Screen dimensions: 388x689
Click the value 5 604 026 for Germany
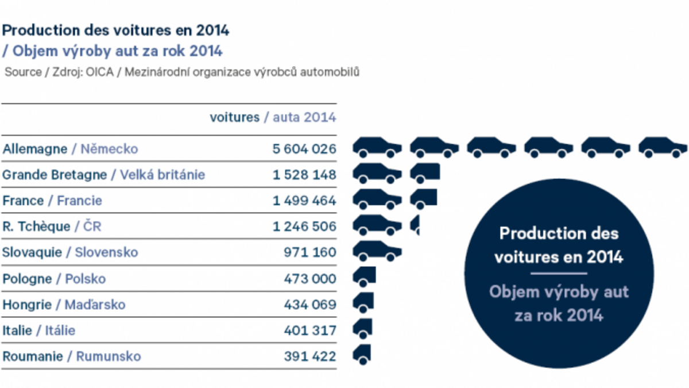click(304, 149)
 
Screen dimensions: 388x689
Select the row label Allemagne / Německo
click(70, 149)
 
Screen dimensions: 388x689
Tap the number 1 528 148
click(304, 175)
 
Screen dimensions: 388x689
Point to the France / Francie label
click(52, 201)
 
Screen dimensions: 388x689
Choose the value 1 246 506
click(304, 226)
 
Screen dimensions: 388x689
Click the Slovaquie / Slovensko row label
click(70, 252)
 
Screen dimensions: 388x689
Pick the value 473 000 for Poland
click(309, 279)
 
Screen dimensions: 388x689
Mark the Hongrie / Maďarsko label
click(64, 305)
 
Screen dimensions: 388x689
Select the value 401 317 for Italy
click(309, 331)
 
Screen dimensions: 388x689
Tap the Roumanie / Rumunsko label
click(72, 356)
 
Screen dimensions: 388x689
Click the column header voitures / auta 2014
click(273, 117)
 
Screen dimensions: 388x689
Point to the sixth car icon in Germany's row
click(663, 147)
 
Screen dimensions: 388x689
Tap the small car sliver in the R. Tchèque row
click(415, 225)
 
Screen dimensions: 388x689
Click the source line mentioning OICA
click(181, 72)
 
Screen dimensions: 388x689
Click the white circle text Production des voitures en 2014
click(559, 245)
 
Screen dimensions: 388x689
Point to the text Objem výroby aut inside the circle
click(559, 292)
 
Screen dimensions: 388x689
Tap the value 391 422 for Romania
click(309, 356)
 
